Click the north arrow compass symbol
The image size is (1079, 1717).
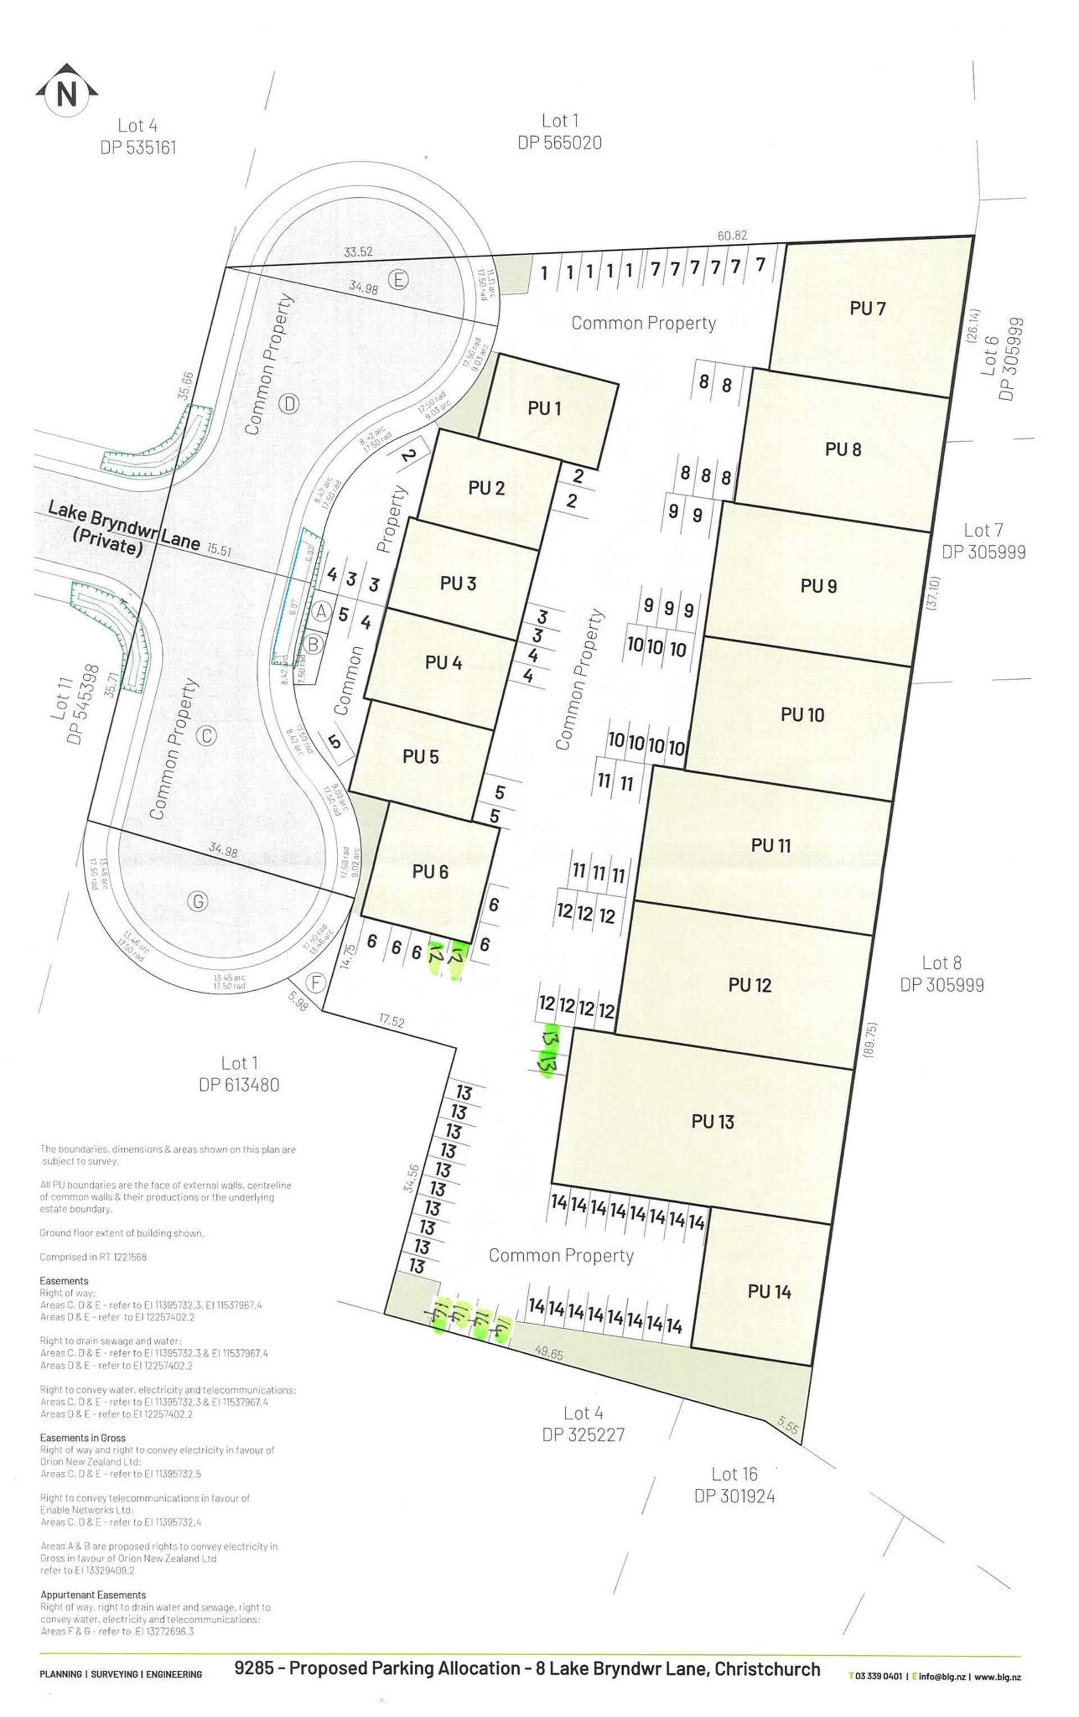coord(66,90)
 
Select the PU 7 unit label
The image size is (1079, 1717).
coord(867,308)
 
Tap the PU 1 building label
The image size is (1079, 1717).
coord(544,408)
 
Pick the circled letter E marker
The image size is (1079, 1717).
coord(397,279)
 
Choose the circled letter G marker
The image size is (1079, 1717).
coord(198,901)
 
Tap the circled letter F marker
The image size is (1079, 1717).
coord(315,982)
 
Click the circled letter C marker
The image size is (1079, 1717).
coord(206,735)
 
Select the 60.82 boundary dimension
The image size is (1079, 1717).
coord(732,235)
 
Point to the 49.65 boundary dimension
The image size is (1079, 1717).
coord(548,1352)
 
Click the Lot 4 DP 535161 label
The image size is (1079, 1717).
coord(138,136)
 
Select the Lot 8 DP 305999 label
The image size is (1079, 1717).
coord(941,973)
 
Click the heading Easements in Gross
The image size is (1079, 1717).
coord(83,1438)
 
